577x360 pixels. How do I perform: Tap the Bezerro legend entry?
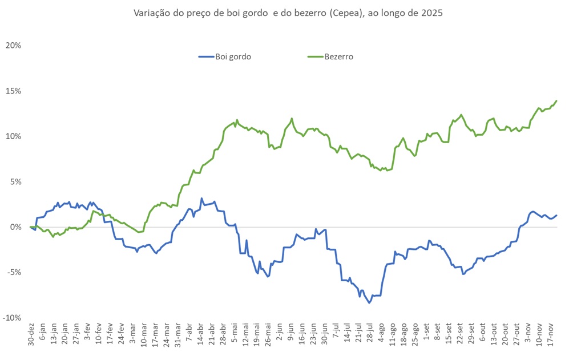point(338,56)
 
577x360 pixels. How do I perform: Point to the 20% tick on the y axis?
point(13,45)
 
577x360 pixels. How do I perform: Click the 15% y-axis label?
point(13,91)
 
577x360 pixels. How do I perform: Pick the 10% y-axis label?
point(13,136)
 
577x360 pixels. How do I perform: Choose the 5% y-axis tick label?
point(14,181)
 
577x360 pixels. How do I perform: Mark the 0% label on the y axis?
point(14,227)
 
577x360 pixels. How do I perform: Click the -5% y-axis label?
point(13,272)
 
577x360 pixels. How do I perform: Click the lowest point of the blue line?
point(369,303)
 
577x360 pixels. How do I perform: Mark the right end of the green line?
point(556,101)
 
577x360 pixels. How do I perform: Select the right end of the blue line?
point(556,215)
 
